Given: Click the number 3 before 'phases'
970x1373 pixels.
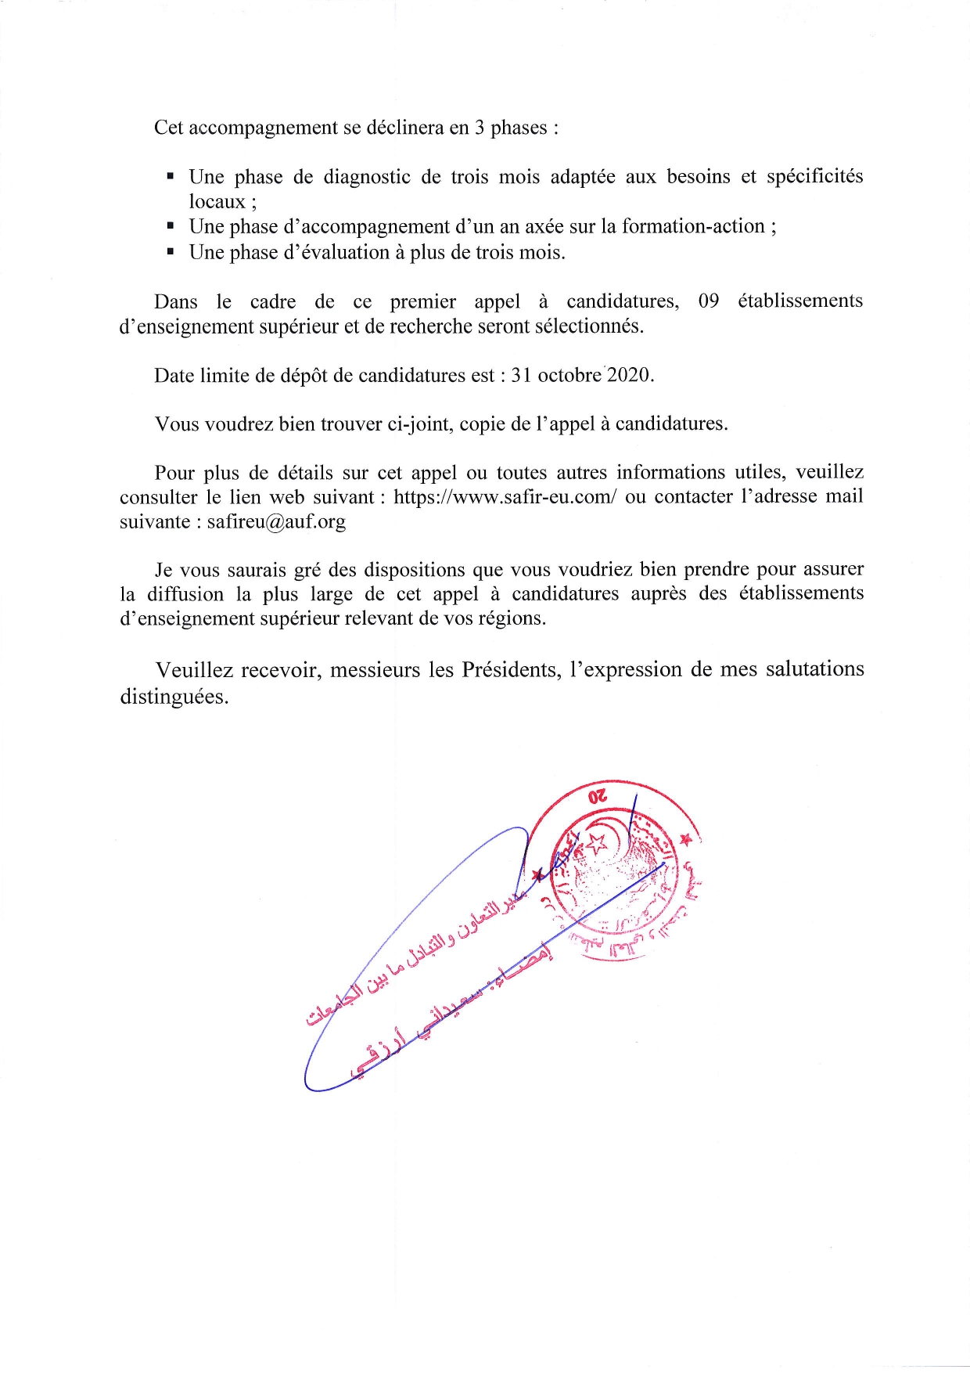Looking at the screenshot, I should (x=479, y=128).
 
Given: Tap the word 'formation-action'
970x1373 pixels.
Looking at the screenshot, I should (x=693, y=226).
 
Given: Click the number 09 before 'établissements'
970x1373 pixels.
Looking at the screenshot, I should (x=708, y=301).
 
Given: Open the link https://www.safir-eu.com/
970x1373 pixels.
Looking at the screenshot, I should (x=505, y=497).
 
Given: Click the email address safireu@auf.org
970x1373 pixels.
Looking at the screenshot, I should (x=276, y=522).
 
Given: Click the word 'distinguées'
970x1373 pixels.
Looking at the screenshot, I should (x=174, y=697).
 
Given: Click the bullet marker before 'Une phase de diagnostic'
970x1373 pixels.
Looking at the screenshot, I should (x=170, y=178).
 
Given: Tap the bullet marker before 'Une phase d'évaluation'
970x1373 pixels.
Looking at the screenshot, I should (x=170, y=253).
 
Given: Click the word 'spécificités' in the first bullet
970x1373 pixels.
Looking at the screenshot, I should (x=814, y=177).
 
